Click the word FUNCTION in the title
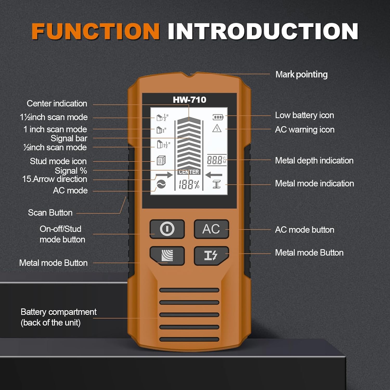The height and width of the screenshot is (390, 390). (95, 31)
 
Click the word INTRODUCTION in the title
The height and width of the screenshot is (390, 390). (263, 31)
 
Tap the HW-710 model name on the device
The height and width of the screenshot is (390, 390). (190, 100)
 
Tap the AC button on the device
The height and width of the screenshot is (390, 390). (211, 229)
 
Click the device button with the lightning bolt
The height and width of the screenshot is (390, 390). (211, 256)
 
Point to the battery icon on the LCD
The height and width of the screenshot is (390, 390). (218, 117)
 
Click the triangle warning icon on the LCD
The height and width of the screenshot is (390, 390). (217, 128)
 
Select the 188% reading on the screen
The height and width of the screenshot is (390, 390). (189, 185)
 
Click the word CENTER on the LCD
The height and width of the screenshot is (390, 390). (189, 172)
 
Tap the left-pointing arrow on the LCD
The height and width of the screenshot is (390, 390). (214, 175)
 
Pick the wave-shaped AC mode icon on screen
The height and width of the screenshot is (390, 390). (161, 184)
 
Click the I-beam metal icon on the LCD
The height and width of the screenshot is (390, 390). (216, 184)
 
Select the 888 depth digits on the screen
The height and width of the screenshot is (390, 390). (215, 160)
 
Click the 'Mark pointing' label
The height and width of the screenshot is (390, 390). (301, 75)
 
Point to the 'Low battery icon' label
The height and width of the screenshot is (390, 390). (304, 115)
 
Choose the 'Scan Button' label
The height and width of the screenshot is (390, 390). (50, 213)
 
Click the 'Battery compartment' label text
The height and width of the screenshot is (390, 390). (58, 312)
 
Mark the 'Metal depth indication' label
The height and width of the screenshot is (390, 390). (314, 160)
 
